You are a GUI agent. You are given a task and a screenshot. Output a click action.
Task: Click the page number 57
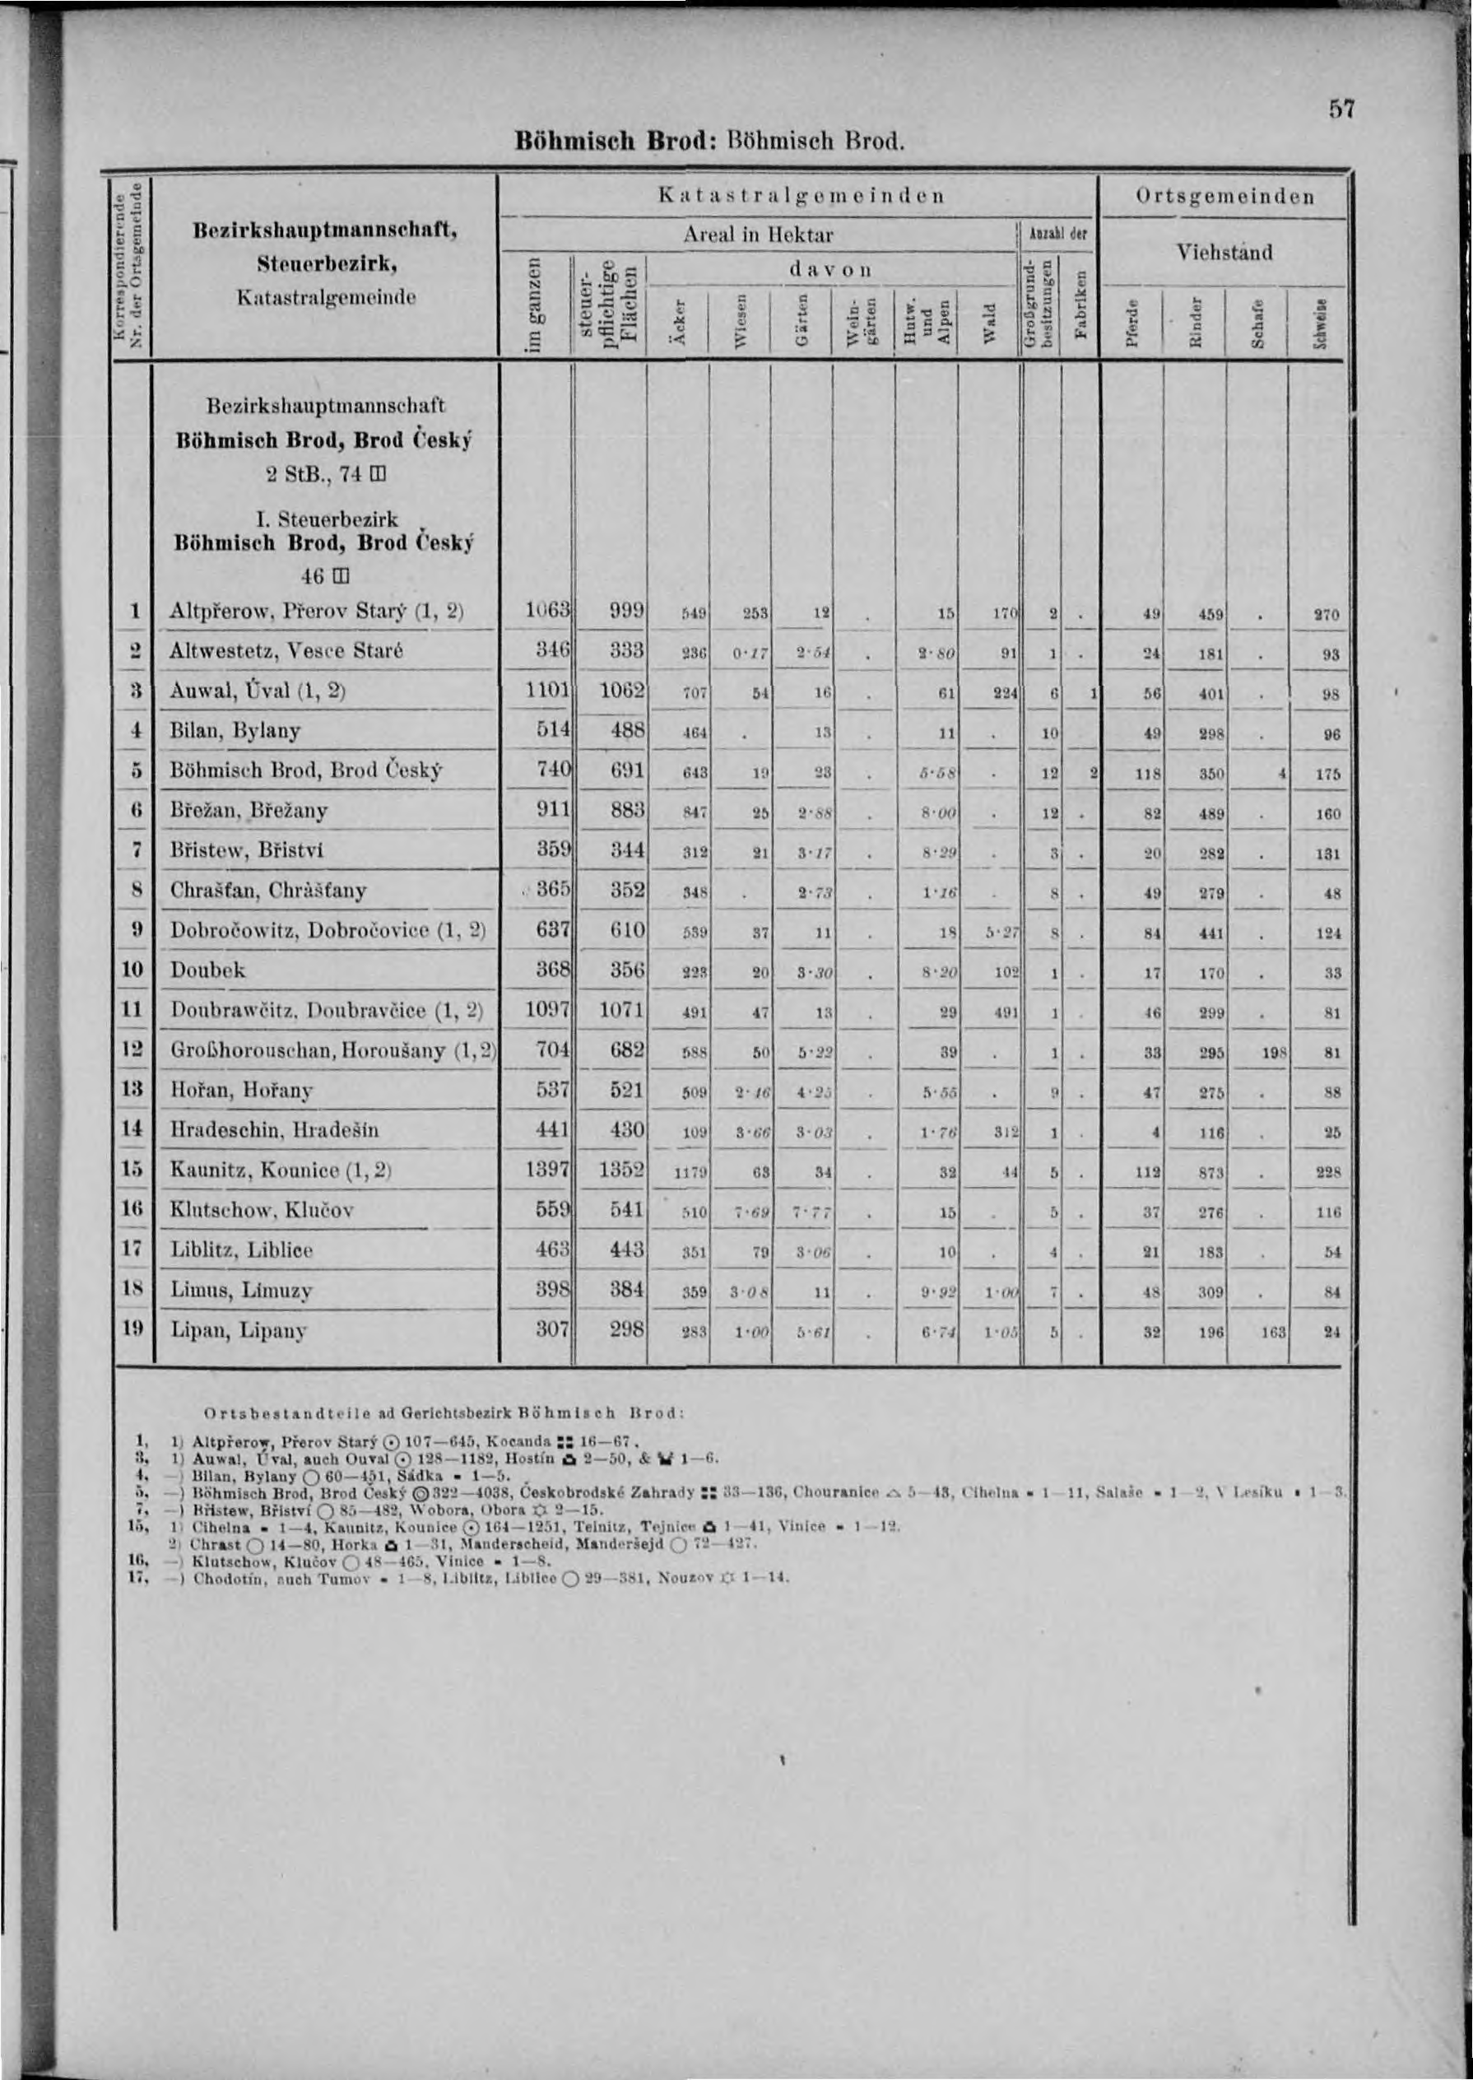[x=1341, y=109]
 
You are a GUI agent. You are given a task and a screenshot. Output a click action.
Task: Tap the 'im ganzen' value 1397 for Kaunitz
[x=547, y=1170]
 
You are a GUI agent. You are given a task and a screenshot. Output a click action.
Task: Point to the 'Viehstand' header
[x=1224, y=253]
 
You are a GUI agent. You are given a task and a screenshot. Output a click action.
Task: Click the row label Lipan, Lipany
[x=239, y=1331]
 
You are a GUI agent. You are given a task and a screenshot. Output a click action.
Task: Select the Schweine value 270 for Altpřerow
[x=1326, y=615]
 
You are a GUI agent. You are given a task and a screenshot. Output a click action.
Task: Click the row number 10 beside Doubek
[x=133, y=970]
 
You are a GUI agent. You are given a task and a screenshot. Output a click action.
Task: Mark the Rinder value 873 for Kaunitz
[x=1210, y=1172]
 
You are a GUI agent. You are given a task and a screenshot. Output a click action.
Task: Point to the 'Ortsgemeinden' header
[x=1224, y=197]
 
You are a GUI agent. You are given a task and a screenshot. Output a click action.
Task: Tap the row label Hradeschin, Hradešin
[x=275, y=1130]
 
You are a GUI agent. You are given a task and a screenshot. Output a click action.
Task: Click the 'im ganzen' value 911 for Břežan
[x=552, y=810]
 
